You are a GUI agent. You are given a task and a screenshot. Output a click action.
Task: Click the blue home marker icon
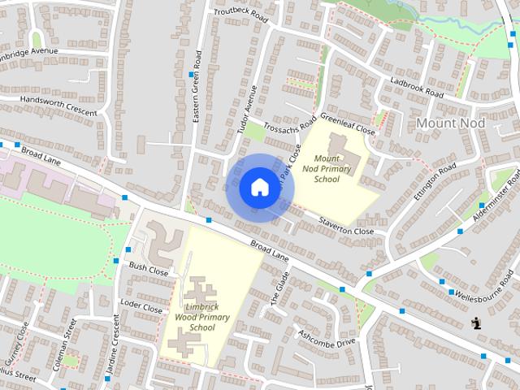point(258,187)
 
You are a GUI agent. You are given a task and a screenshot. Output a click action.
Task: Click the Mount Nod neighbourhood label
point(449,122)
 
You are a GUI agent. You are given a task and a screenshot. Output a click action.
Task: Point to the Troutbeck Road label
point(240,14)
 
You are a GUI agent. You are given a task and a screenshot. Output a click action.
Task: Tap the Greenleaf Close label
point(348,123)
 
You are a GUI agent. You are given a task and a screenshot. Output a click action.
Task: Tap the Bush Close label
point(148,269)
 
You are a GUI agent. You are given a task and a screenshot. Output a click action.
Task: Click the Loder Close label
point(141,306)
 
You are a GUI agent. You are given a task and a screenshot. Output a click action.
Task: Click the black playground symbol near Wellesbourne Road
point(477,323)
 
